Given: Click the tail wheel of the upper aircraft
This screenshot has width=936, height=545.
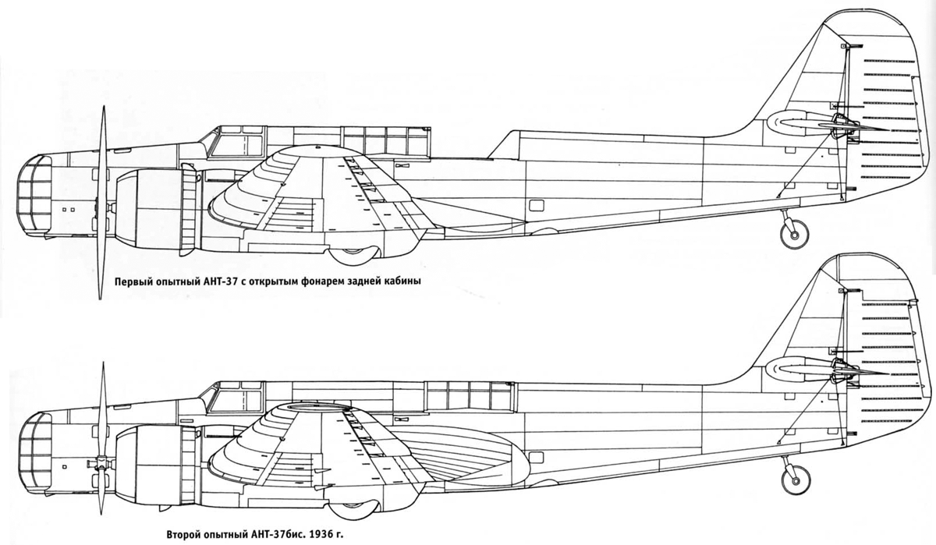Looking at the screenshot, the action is tap(794, 235).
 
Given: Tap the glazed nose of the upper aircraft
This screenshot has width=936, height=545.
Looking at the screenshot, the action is tap(34, 196).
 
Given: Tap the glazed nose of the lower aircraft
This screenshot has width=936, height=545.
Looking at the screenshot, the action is tap(34, 453).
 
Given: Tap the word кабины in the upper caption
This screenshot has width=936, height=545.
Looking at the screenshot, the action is tap(405, 281).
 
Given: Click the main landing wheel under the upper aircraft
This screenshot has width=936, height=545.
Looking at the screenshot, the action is tap(353, 256).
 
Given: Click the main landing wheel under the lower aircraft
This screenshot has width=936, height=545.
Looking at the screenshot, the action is tap(353, 511).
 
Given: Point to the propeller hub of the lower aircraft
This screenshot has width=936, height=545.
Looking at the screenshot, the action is tap(101, 462).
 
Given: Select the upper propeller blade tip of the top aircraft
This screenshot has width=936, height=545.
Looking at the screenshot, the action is tap(103, 107).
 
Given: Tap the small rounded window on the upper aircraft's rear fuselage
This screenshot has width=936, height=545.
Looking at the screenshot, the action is tap(536, 205).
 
